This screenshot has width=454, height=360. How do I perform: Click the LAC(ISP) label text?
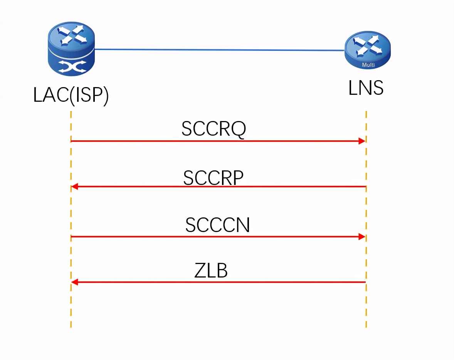[x=71, y=95]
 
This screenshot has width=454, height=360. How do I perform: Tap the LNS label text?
[x=366, y=88]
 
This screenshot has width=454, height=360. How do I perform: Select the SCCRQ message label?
[x=214, y=129]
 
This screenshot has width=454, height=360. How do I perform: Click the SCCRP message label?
[x=214, y=178]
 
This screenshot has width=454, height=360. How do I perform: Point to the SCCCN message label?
[x=217, y=225]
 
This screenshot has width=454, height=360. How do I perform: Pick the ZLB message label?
[x=211, y=271]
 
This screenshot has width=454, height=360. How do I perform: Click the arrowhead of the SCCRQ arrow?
[x=362, y=141]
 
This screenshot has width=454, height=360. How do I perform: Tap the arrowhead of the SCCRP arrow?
[x=74, y=187]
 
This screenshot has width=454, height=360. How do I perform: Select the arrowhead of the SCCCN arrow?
[x=362, y=237]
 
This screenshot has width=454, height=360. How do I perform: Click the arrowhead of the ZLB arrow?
[x=74, y=282]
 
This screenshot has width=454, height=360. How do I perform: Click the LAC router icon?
[x=71, y=49]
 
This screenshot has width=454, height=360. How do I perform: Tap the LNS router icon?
[x=368, y=50]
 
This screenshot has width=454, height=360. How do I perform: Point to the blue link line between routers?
[x=219, y=50]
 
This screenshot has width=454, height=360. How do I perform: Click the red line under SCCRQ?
[x=218, y=141]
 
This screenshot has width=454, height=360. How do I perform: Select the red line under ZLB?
[x=218, y=282]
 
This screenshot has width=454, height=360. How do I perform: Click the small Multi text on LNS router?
[x=368, y=65]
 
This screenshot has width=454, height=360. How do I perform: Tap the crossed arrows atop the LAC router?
[x=72, y=35]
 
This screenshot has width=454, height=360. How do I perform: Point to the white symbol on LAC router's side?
[x=72, y=66]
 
